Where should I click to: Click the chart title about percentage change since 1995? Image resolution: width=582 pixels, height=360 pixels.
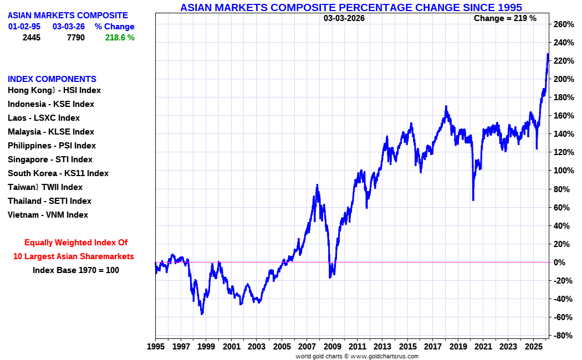(351, 7)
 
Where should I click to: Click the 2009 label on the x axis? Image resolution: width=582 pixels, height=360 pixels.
(332, 347)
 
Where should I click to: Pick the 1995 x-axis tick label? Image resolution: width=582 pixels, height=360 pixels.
(155, 347)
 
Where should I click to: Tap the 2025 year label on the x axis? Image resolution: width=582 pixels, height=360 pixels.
(533, 347)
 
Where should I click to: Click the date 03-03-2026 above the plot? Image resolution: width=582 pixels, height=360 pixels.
(344, 18)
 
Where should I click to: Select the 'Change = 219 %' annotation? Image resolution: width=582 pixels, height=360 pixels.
(505, 18)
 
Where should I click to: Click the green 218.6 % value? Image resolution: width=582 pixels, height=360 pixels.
(120, 38)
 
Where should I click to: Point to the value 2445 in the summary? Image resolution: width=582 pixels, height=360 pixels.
(32, 38)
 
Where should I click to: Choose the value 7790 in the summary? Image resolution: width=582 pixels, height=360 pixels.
(75, 38)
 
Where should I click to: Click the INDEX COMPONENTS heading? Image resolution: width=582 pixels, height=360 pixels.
(52, 79)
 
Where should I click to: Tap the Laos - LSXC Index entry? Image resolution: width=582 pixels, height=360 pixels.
(44, 118)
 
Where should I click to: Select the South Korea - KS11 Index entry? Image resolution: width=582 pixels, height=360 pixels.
(58, 173)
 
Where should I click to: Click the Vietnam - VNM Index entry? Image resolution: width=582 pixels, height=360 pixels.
(48, 215)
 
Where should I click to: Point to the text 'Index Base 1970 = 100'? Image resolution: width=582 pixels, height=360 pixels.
(75, 270)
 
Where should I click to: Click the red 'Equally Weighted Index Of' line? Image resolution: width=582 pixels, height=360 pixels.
(76, 243)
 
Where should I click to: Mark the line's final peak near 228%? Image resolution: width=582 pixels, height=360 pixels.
(548, 54)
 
